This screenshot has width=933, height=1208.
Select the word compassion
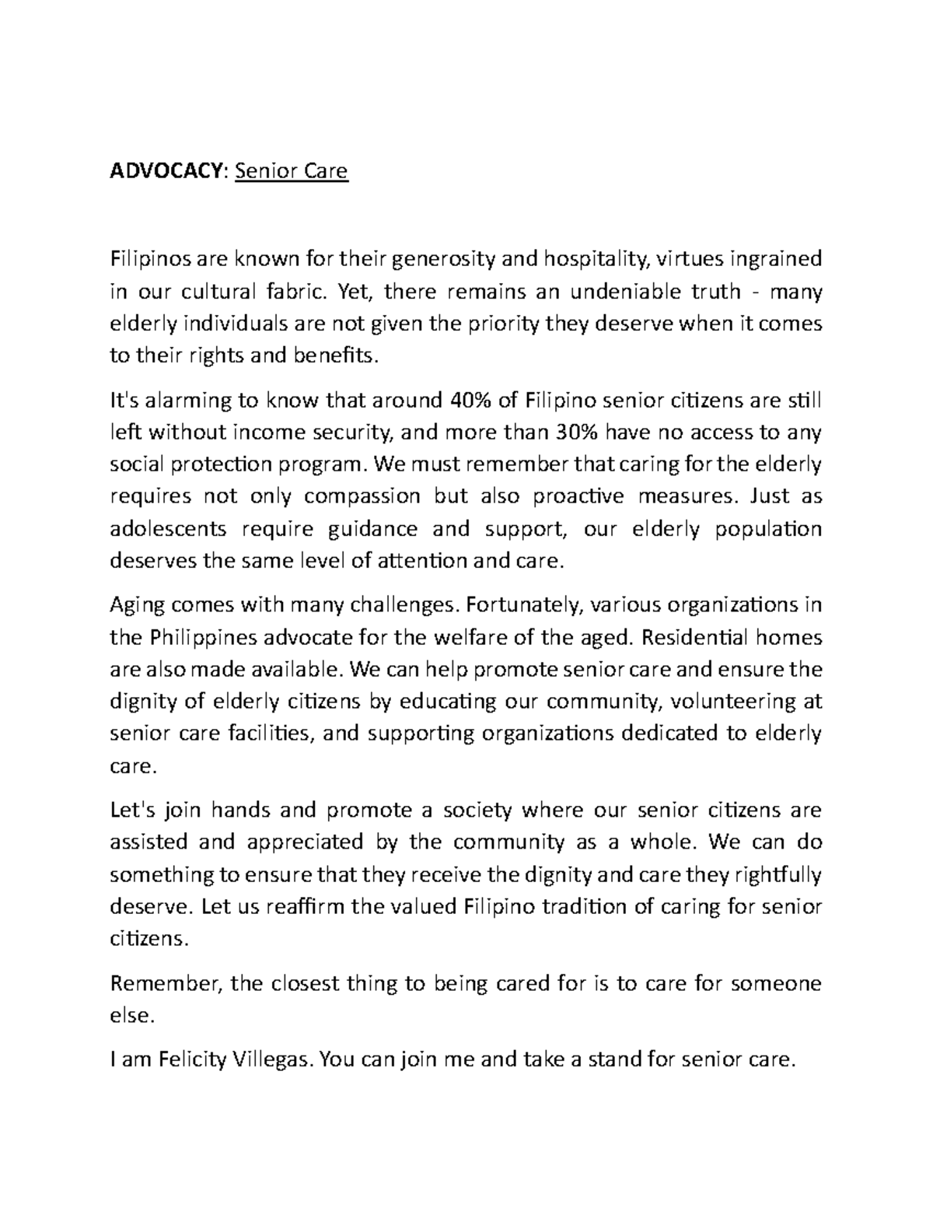click(x=362, y=496)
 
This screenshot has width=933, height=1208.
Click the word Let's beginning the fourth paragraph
click(x=132, y=811)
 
